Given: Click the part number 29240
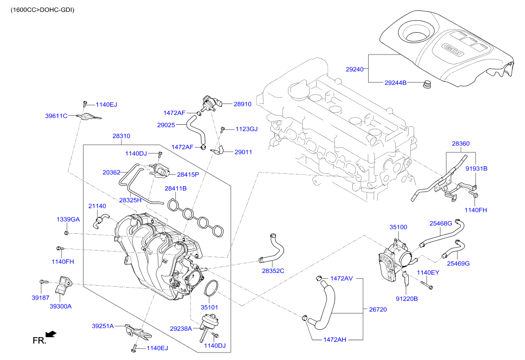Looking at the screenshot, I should (355, 70).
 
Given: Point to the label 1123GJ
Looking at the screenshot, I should (246, 129).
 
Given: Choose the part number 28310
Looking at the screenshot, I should (121, 136).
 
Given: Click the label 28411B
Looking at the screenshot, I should (176, 189).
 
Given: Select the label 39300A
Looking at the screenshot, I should (60, 306).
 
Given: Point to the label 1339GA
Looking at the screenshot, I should (68, 219).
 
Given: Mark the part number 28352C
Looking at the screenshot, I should (273, 271).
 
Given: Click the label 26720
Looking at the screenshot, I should (378, 309).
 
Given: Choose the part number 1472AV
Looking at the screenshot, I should (341, 278).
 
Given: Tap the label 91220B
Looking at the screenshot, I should (407, 299).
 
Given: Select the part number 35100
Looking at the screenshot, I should (398, 227).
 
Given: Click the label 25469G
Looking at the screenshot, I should (458, 263).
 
